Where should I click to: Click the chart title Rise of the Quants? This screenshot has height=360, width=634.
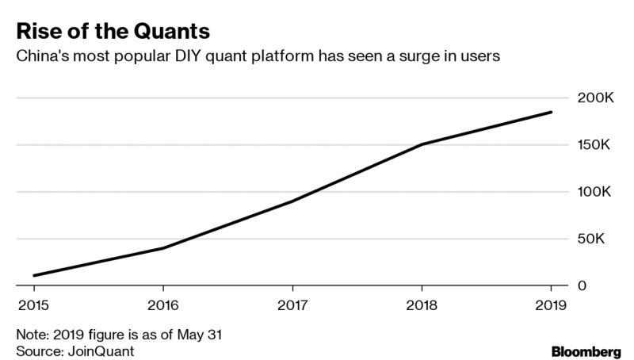tap(113, 32)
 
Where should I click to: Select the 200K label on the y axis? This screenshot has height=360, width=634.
tap(596, 98)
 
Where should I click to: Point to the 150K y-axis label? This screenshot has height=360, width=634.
tap(594, 145)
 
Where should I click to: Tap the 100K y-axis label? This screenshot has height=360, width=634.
tap(594, 192)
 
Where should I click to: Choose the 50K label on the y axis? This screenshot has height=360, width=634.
tap(590, 239)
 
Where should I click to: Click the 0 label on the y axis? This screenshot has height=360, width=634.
tap(582, 285)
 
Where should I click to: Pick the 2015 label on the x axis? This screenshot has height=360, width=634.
tap(33, 305)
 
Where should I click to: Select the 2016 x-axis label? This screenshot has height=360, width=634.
tap(163, 305)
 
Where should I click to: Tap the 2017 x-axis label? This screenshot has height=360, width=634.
tap(292, 305)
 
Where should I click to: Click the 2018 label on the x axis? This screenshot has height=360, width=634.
tap(422, 305)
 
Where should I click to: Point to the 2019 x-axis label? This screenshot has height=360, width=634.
tap(551, 305)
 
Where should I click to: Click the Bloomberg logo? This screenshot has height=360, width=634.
tap(586, 352)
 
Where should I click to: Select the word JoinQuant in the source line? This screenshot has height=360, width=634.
tap(101, 351)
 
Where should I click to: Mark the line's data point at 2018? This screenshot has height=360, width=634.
tap(422, 144)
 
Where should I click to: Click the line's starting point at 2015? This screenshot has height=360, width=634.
tap(34, 276)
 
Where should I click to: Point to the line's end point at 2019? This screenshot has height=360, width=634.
tap(551, 112)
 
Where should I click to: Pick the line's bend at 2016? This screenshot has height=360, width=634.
tap(163, 248)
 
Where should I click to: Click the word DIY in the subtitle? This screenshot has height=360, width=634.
tap(188, 56)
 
